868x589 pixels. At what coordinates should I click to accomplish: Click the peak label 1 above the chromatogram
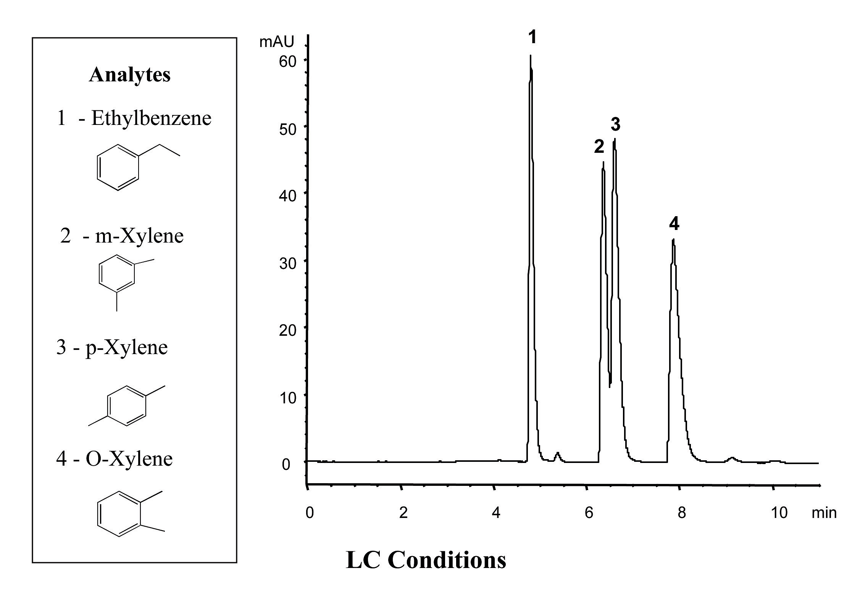532,38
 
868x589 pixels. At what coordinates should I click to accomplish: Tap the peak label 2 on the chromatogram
599,147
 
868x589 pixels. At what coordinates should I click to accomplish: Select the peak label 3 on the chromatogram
615,125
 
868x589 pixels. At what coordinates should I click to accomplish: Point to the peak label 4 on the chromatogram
674,224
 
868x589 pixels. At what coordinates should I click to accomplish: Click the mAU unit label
277,42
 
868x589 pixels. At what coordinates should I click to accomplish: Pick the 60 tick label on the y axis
287,61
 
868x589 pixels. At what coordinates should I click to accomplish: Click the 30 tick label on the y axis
287,263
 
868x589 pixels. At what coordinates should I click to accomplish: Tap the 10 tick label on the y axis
287,398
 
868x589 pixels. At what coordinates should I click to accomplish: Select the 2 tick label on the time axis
403,513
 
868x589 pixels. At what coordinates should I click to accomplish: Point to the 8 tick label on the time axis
682,513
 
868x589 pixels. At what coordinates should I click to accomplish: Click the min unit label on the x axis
824,513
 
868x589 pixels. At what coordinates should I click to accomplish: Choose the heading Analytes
130,74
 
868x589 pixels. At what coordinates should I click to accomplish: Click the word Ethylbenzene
151,118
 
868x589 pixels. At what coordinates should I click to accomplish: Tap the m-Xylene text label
139,236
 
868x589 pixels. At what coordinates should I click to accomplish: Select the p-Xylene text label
126,348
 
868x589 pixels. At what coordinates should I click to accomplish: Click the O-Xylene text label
129,458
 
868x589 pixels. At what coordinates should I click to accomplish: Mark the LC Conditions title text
426,560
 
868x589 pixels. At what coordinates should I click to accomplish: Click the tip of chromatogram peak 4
673,240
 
